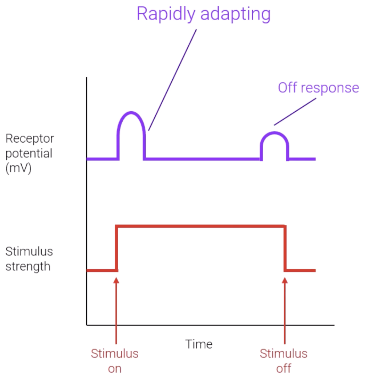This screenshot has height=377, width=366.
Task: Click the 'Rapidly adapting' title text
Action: click(203, 15)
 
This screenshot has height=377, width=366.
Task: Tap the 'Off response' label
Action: click(318, 87)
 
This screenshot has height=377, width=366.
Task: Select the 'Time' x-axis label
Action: click(199, 344)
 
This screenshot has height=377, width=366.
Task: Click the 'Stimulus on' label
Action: click(114, 361)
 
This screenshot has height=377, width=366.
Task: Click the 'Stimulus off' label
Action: click(284, 361)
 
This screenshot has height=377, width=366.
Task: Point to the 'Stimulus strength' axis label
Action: click(29, 259)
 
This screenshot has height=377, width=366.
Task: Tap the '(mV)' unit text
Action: click(18, 168)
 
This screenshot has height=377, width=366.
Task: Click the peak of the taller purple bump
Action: click(131, 113)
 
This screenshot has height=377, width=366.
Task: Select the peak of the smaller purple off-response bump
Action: click(275, 133)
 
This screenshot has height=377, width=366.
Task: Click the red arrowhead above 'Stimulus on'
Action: click(116, 281)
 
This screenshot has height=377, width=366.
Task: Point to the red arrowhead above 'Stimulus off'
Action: click(285, 281)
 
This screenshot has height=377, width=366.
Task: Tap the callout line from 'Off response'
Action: click(295, 112)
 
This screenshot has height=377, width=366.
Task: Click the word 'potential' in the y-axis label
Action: click(29, 153)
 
